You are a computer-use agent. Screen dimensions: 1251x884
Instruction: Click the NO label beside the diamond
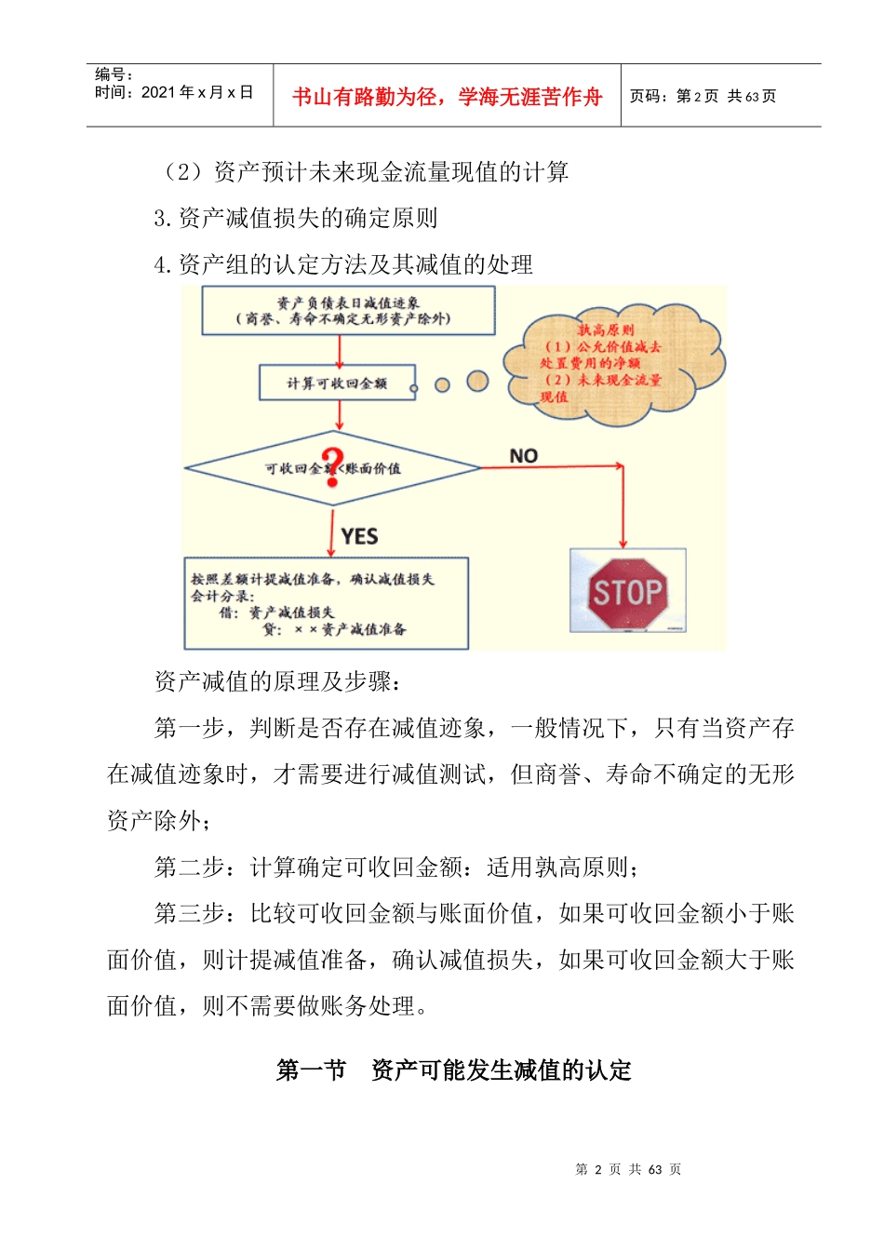pos(524,455)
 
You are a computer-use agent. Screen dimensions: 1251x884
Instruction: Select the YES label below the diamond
pos(359,536)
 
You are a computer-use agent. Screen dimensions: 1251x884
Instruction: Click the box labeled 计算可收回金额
pos(337,383)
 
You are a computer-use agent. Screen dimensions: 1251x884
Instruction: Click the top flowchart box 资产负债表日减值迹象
pos(348,310)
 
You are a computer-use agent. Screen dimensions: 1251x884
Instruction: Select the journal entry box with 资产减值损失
pos(326,603)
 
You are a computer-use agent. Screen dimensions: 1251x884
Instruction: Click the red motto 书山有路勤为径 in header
pos(447,97)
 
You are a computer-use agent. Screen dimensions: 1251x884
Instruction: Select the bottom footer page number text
pos(628,1169)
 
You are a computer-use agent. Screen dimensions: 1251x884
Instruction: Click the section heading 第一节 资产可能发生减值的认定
pos(454,1070)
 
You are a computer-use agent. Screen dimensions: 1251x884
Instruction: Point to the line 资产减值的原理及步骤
pos(277,681)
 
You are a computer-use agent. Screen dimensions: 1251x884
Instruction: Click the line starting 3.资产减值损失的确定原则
pos(296,218)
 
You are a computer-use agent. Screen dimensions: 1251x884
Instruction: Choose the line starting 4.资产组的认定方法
pos(343,264)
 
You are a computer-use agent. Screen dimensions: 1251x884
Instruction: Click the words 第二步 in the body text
pos(189,868)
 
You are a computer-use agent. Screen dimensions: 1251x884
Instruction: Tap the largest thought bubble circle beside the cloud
pos(477,381)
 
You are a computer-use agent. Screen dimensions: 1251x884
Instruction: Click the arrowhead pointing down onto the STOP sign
pos(623,544)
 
